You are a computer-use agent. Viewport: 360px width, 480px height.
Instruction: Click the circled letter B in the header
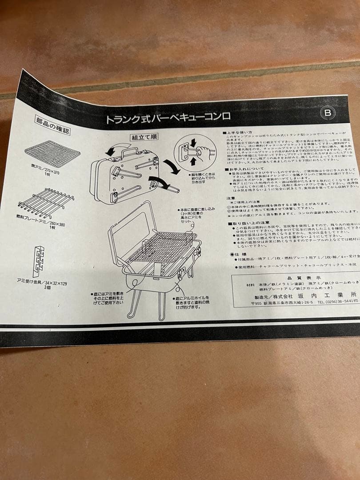328,113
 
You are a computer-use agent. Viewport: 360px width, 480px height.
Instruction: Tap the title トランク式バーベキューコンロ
168,119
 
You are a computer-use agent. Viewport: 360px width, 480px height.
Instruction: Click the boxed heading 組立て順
143,138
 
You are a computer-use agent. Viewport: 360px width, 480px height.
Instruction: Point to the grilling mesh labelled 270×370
52,153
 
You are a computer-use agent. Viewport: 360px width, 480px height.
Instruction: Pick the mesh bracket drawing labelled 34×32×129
38,260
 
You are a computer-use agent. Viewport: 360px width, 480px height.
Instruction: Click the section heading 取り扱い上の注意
251,222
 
